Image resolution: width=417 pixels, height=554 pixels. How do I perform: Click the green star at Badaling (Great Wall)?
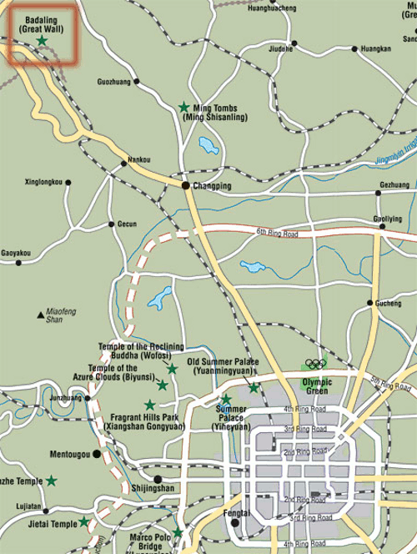coord(42,40)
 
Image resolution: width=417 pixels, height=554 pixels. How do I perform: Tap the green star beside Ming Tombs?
coord(184,107)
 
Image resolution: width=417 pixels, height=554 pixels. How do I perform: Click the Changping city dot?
coord(186,184)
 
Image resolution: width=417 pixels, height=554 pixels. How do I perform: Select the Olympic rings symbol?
coord(315,364)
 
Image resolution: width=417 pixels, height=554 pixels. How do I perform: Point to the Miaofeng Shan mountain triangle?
coord(40,315)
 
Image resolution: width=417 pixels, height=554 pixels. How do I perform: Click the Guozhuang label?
coord(113,82)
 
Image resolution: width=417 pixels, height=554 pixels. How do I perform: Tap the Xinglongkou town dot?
coord(68,182)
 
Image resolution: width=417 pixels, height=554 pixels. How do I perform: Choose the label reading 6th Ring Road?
coord(277,231)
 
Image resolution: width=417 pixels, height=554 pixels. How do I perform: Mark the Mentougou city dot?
coord(97,454)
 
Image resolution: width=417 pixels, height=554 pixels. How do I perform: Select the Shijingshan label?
coord(153,488)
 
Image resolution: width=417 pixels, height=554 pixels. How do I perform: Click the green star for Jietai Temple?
coord(83,522)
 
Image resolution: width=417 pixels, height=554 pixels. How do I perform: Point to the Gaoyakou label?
coord(16,252)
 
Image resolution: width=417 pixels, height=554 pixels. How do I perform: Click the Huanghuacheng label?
coord(272,7)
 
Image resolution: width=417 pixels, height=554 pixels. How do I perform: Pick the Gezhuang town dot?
coord(378,193)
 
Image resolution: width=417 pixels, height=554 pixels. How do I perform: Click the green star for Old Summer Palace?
coord(254,387)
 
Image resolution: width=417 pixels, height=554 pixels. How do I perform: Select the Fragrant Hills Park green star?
coord(150,405)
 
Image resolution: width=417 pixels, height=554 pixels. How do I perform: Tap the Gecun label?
coord(126,224)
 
